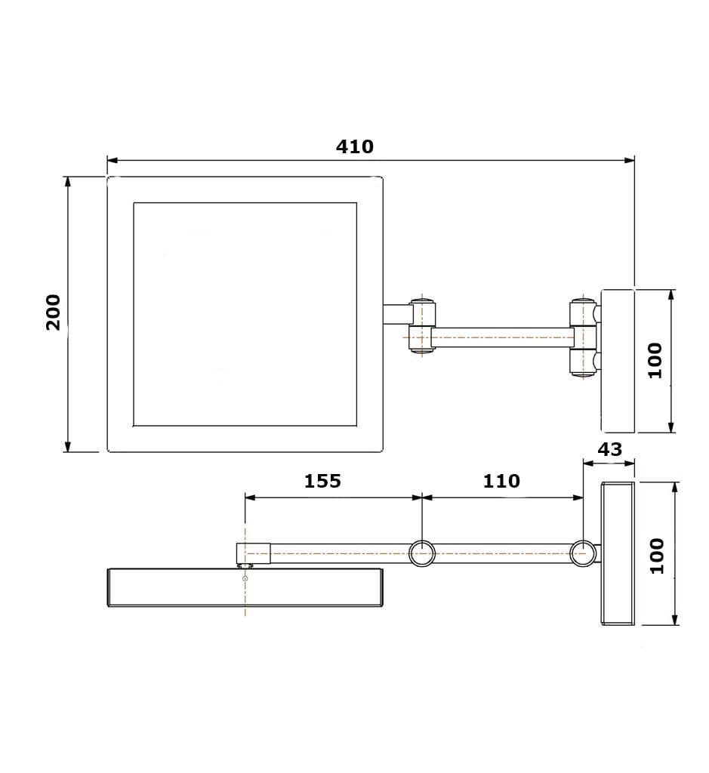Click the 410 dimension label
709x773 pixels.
click(355, 146)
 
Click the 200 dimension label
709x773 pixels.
click(54, 313)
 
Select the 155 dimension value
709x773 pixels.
click(322, 481)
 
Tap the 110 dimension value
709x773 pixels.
click(501, 481)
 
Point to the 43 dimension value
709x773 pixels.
click(610, 449)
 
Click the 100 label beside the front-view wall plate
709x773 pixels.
click(655, 360)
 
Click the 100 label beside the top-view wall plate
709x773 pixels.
click(657, 556)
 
